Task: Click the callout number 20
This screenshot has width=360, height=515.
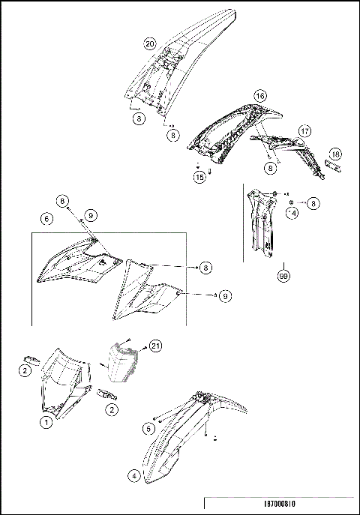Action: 150,44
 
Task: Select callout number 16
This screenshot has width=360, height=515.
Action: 259,96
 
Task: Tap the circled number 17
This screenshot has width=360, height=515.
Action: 304,130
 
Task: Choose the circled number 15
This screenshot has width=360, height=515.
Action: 199,177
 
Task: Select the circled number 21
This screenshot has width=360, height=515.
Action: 155,345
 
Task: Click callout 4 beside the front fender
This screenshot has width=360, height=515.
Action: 133,475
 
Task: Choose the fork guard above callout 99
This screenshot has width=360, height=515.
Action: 262,221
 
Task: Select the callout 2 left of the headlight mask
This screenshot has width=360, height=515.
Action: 25,370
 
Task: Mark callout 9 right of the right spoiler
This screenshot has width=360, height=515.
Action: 226,296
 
